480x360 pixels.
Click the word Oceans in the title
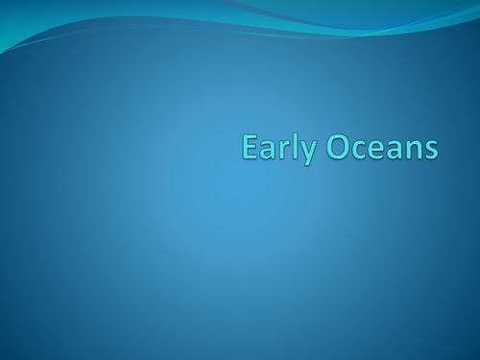coord(382,149)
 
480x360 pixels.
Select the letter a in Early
coord(268,152)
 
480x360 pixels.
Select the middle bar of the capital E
coord(251,148)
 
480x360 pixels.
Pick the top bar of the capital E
coord(252,138)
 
